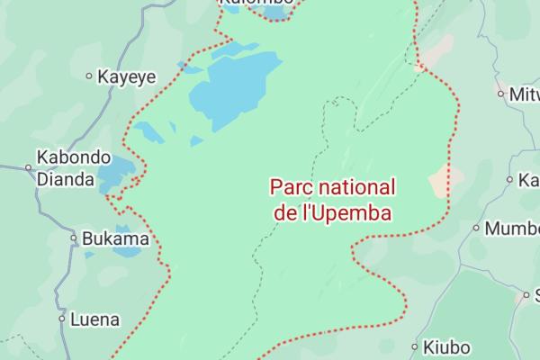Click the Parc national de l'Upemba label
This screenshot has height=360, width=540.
coord(333,201)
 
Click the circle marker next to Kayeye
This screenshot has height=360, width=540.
coord(88,76)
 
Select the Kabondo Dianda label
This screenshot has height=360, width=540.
coord(73,167)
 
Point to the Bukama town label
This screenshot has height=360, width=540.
coord(114,239)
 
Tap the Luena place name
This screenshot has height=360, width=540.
coord(94,319)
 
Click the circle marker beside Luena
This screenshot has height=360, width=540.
coord(62,319)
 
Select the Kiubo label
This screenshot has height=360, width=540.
coord(446,346)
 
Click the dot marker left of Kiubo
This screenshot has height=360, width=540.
coord(415,346)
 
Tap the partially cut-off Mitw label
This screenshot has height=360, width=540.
coord(525,93)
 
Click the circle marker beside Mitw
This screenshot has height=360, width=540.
coord(501,93)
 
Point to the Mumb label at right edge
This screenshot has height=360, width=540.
coord(512,228)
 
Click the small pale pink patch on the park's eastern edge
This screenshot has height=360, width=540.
coord(439,181)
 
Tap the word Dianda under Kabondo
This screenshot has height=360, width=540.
coord(65,179)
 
